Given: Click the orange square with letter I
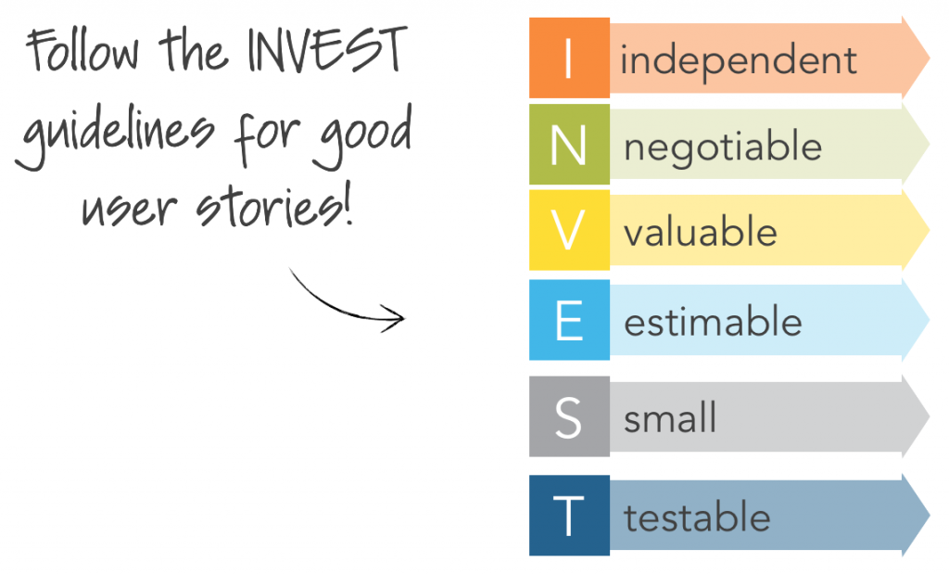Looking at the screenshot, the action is point(569,57).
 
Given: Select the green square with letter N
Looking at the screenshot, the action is point(569,144).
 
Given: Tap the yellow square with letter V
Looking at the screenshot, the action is point(569,230).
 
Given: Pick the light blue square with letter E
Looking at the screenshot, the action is point(569,320).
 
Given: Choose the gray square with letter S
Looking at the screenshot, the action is point(569,416).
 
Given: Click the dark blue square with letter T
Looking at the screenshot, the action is point(569,515).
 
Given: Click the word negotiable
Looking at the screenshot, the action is point(723,148).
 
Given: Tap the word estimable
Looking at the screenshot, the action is point(713,321).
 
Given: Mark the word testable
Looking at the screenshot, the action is point(697,517).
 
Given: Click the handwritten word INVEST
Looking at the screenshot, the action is point(327,50).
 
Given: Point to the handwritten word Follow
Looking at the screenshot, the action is point(82,52).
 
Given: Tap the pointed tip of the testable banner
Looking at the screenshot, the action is point(929,515).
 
